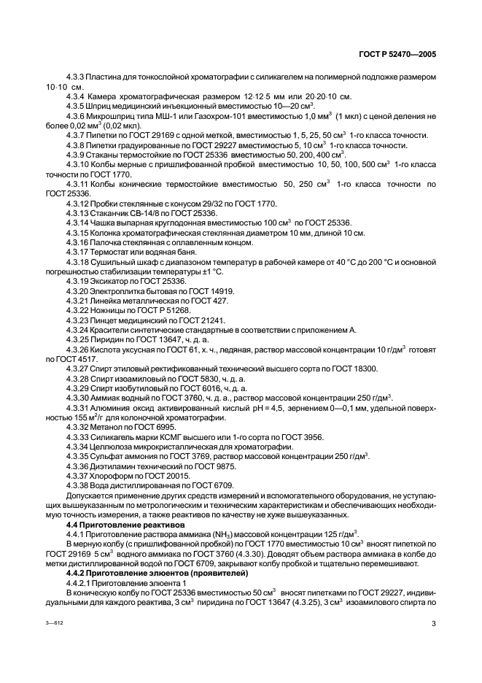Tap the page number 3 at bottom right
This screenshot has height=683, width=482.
coord(433,624)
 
